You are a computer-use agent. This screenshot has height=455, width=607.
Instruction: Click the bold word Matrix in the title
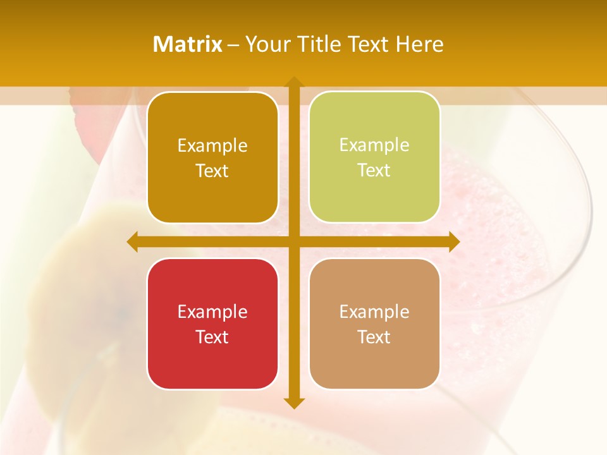[188, 44]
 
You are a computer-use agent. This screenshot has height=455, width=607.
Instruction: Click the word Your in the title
[267, 44]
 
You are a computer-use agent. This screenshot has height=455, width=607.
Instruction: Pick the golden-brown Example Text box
[212, 158]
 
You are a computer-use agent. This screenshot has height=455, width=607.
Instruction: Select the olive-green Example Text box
[374, 157]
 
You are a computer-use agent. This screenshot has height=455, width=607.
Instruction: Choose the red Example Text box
[212, 324]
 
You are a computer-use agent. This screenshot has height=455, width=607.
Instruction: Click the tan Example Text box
[374, 324]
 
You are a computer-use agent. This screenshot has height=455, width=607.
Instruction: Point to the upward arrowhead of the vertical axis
[293, 82]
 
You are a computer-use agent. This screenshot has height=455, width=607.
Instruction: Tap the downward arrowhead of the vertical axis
[293, 403]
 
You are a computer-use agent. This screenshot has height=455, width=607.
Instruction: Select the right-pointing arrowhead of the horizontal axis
[454, 241]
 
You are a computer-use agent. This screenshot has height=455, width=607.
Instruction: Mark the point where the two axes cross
[293, 241]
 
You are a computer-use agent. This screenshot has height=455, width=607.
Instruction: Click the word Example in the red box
[212, 312]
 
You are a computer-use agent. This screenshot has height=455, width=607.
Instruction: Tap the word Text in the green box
[374, 171]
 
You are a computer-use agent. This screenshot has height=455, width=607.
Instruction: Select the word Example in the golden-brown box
[212, 146]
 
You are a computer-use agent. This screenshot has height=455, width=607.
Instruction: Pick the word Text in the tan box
[374, 337]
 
